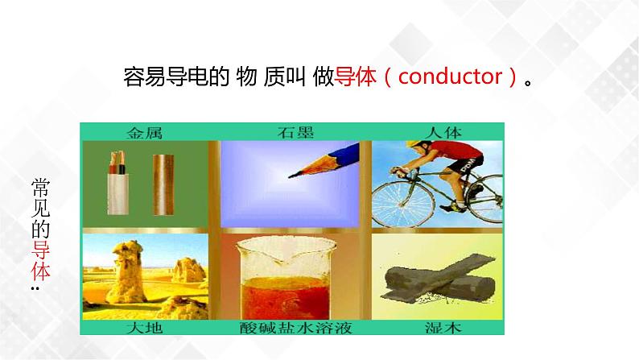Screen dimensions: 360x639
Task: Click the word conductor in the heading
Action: point(451,77)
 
